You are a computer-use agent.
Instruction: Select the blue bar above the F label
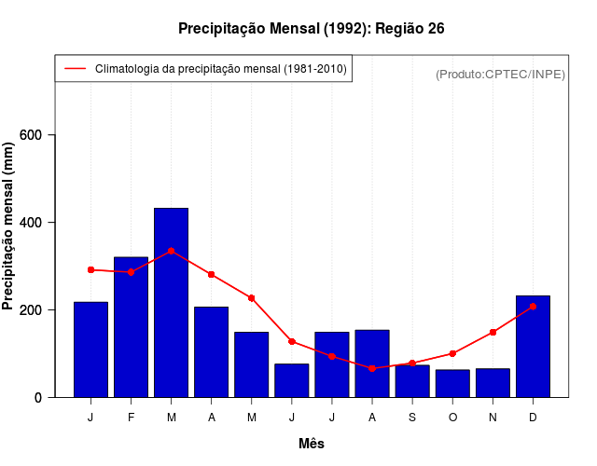tap(131, 327)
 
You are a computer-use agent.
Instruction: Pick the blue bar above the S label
tap(412, 381)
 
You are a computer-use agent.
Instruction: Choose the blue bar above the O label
tap(452, 383)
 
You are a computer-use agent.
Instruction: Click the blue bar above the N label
tap(493, 383)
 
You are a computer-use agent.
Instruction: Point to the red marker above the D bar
tap(533, 306)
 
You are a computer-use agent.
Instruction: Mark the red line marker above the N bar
tap(493, 332)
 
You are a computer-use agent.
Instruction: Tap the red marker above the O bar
tap(452, 353)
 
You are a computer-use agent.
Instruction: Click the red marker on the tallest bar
tap(171, 251)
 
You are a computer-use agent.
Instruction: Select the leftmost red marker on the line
tap(90, 269)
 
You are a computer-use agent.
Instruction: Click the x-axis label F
tap(131, 418)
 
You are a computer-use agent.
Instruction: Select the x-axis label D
tap(533, 418)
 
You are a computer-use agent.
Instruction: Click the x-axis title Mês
tap(312, 444)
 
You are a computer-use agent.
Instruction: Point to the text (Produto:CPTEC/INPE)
tap(500, 74)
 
